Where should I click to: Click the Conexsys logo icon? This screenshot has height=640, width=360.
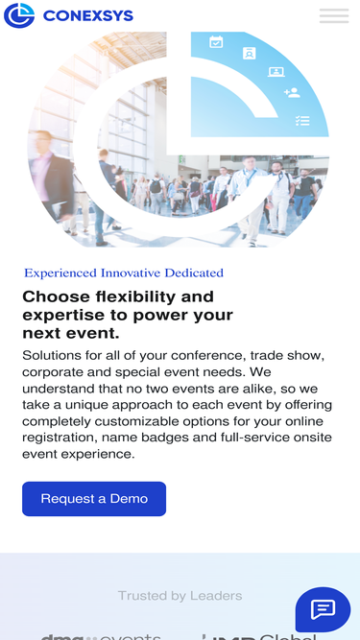19,15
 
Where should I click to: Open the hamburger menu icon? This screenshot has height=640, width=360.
333,15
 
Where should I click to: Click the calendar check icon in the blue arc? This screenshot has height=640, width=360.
216,41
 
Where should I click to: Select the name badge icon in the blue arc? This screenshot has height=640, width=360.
249,54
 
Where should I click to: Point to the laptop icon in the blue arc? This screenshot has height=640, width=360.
276,71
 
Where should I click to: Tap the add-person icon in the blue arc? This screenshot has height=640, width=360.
292,93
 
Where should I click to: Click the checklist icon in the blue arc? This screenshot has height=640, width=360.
302,120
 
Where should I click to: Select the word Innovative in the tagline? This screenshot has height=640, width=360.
135,273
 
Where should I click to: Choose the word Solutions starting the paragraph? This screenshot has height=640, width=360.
55,356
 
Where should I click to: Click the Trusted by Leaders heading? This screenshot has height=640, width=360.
180,596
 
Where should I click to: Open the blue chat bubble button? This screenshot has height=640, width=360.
323,609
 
